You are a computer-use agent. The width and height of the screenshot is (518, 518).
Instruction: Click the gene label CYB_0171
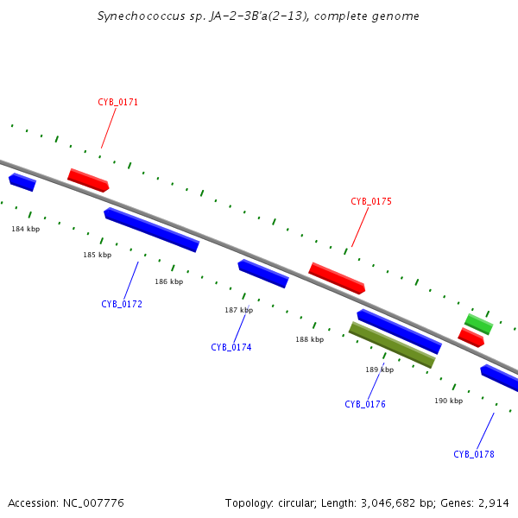118,103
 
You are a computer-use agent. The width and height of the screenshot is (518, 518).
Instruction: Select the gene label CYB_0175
371,202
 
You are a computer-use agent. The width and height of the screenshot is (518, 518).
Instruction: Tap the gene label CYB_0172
122,305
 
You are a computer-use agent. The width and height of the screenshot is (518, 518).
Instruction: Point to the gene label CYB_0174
231,348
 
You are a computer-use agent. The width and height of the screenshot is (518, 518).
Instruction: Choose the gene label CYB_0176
365,405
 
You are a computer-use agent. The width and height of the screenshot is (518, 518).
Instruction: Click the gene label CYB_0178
474,455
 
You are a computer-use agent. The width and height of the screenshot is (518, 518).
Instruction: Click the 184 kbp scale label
25,229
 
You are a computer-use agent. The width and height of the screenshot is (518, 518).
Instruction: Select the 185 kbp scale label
98,256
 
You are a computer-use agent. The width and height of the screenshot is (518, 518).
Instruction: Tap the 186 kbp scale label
169,282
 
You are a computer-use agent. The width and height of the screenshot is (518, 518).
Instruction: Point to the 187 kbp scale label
239,310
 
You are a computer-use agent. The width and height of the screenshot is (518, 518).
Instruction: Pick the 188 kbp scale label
309,340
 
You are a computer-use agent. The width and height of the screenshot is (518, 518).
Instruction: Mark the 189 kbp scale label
379,370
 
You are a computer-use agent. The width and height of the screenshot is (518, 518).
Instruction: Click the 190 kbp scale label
448,401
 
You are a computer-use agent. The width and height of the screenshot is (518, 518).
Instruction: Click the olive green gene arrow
392,345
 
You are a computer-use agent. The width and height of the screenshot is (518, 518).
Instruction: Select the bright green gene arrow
479,325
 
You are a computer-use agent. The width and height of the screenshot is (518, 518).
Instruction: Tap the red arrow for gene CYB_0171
88,180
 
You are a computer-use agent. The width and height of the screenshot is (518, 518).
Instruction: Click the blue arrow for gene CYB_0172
152,231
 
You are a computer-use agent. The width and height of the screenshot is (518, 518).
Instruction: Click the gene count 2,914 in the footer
494,502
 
